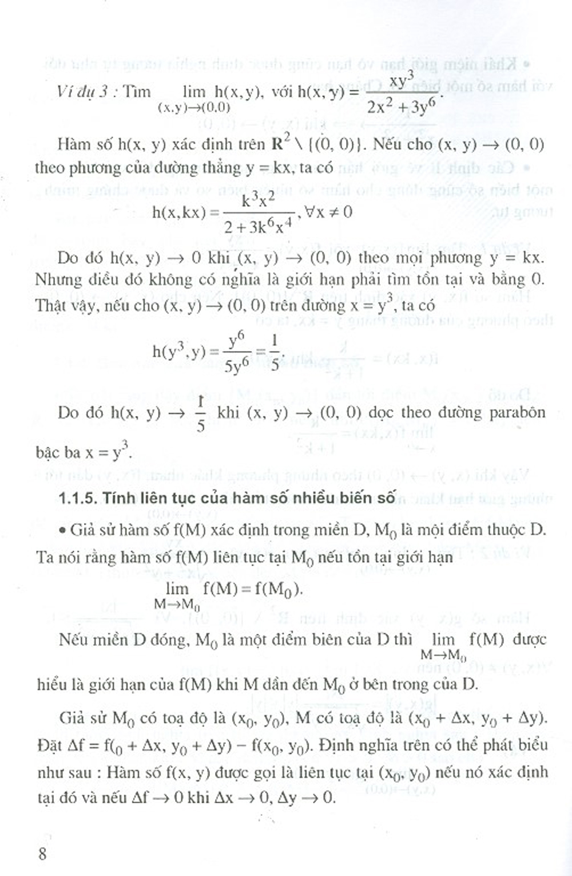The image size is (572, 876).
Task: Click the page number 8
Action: pyautogui.click(x=41, y=854)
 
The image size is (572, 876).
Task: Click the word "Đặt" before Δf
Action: pyautogui.click(x=48, y=746)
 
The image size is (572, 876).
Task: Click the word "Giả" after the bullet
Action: pyautogui.click(x=82, y=531)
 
